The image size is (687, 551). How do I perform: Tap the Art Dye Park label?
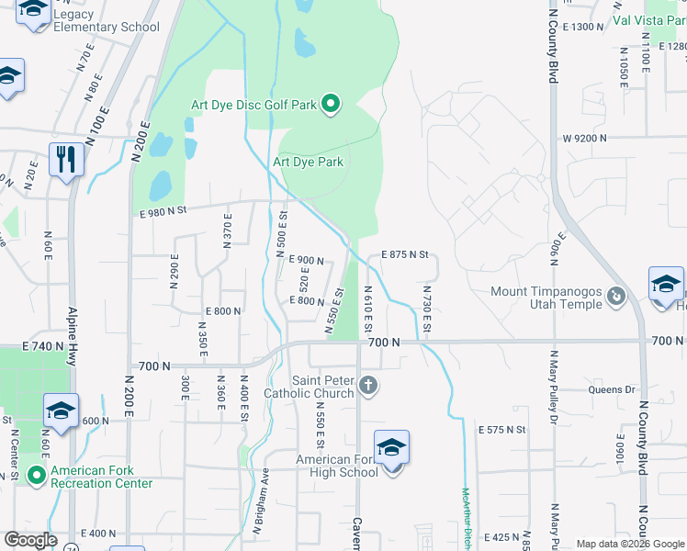(308, 163)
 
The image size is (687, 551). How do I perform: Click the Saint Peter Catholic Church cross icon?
(367, 384)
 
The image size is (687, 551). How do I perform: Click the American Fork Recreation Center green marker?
(37, 475)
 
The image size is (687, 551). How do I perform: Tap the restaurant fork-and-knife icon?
(66, 159)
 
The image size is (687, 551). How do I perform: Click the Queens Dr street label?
(612, 389)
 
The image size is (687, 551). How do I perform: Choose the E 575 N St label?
(501, 429)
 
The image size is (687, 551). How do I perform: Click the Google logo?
(30, 540)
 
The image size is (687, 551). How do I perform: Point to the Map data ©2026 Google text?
(628, 544)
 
